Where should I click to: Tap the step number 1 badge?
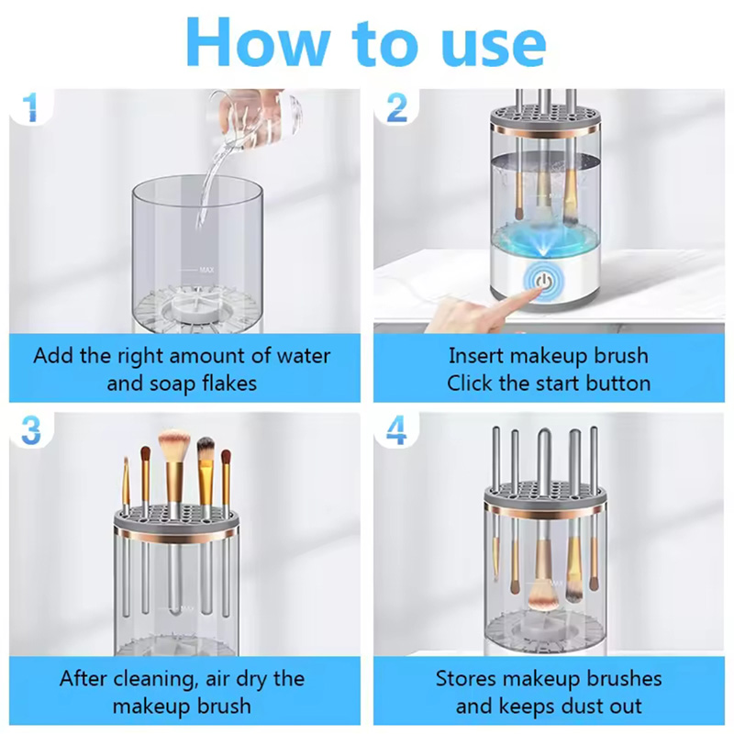[x=30, y=106]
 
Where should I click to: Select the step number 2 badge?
[x=397, y=107]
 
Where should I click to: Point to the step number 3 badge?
[x=31, y=429]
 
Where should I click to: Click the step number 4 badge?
[x=396, y=429]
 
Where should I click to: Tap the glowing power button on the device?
[x=543, y=282]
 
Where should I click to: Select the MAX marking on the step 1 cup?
[x=206, y=270]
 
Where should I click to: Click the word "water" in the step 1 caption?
[x=304, y=356]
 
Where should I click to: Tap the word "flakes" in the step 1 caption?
[x=230, y=384]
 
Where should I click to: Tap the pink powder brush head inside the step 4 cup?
[x=542, y=597]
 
